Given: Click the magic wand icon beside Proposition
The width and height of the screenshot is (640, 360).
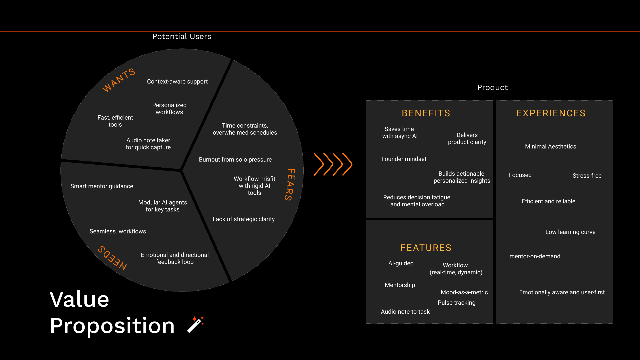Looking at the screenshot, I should [196, 324].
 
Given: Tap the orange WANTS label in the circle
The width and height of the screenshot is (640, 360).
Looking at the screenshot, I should [119, 80].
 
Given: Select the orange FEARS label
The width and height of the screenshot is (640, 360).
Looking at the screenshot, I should [290, 184].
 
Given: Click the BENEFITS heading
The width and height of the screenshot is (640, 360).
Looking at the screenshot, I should [426, 113].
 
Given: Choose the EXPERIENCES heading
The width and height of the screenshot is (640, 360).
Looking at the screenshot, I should [551, 113].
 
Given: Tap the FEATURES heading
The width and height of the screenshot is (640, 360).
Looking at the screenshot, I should [426, 248].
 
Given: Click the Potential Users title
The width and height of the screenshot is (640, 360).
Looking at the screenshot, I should [182, 36].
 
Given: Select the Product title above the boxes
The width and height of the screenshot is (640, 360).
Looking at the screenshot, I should [492, 87].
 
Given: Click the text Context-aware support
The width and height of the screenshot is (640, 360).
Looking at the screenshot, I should [177, 82].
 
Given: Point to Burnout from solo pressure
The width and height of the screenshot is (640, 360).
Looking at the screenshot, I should [235, 160].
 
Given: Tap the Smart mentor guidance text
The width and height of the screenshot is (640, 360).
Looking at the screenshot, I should [102, 186].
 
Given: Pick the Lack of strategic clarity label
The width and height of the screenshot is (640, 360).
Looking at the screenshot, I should [244, 219].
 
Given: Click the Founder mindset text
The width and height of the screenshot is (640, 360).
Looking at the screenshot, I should [404, 159].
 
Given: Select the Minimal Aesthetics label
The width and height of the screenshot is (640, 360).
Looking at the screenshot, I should [550, 147].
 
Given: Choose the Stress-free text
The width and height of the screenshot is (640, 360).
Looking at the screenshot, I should [587, 176].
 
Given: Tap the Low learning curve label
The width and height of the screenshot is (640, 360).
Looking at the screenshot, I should [570, 232].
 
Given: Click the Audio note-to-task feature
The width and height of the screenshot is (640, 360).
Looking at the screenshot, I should [405, 312].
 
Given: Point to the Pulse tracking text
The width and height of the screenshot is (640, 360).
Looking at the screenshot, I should [457, 303].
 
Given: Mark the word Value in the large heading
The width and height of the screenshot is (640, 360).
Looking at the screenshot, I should [79, 299].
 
